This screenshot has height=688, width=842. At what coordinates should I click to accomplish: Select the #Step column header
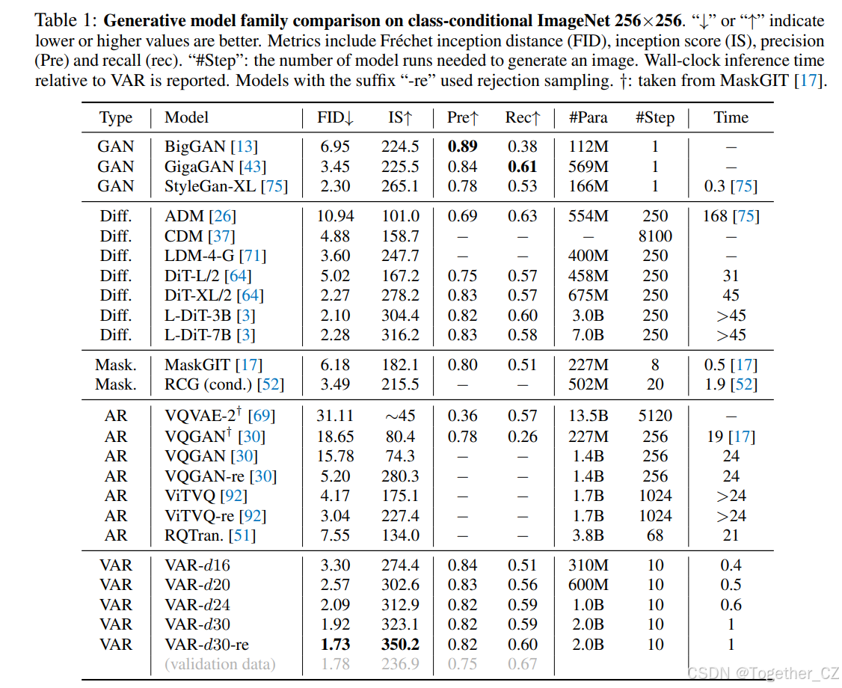click(654, 117)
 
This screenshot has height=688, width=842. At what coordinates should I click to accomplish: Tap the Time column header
click(731, 117)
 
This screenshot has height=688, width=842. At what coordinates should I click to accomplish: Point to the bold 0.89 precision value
click(462, 147)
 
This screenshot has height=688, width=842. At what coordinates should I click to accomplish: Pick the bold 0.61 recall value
click(522, 167)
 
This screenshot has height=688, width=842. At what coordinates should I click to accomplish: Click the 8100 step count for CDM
click(655, 236)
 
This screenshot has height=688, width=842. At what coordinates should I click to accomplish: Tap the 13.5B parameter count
click(588, 416)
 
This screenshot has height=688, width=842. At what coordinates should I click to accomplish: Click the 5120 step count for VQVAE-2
click(655, 416)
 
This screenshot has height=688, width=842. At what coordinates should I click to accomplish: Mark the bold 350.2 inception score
click(400, 644)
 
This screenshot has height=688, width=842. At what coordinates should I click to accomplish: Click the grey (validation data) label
click(220, 664)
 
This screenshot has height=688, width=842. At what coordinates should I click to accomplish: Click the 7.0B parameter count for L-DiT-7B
click(588, 335)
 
